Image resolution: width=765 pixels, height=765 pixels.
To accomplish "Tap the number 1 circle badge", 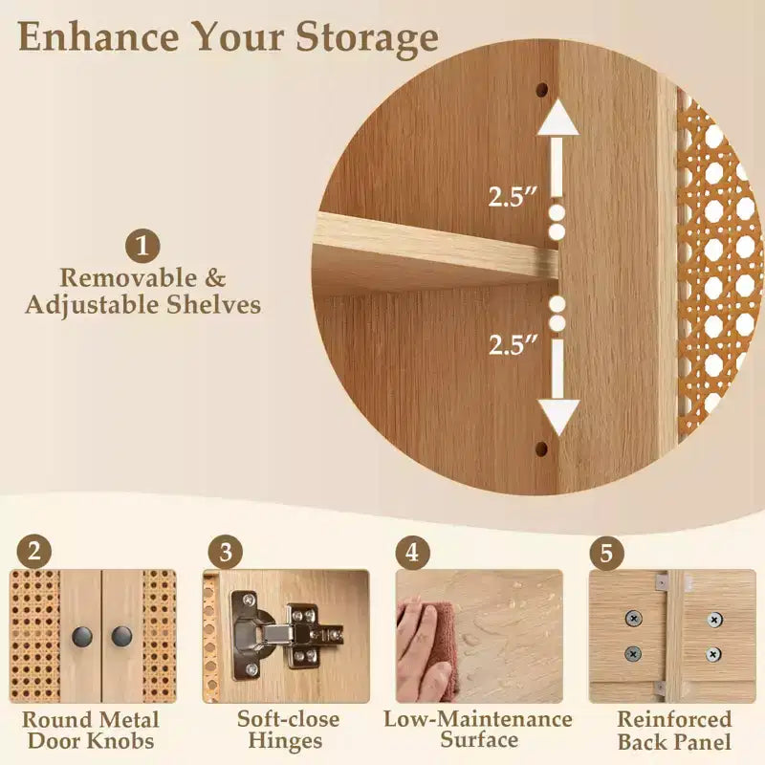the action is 142,246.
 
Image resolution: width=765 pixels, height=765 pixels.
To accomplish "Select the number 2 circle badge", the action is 34,553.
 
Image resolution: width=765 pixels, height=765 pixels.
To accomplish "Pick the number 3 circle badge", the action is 226,553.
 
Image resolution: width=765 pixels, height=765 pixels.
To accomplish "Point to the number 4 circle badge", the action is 413,553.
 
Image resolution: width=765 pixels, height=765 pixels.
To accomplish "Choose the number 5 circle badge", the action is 606,553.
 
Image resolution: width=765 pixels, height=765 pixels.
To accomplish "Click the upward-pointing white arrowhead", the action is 557,117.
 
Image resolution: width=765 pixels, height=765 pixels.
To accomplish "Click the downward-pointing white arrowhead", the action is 558,417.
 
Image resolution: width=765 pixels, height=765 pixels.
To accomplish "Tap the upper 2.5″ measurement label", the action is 513,197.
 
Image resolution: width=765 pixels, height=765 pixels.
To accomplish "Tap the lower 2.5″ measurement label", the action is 514,344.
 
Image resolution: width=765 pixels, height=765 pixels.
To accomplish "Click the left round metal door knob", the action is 82,637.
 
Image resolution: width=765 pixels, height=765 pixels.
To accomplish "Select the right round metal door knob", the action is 121,636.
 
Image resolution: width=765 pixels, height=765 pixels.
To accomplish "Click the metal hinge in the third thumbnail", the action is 285,635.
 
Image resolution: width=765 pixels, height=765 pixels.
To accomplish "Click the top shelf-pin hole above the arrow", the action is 542,90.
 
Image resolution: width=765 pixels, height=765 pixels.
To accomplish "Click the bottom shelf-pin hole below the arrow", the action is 541,448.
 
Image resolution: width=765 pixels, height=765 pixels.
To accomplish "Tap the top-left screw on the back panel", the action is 633,619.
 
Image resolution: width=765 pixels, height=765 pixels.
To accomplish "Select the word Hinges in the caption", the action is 285,740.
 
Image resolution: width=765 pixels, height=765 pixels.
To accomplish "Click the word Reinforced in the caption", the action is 674,719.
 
